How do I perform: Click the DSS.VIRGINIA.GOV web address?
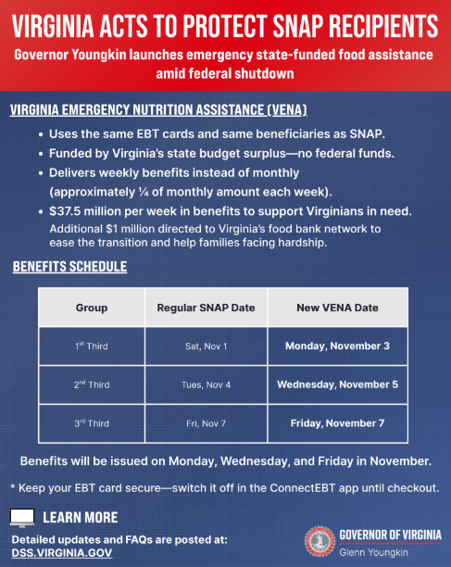(x=61, y=552)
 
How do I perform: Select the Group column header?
(x=92, y=308)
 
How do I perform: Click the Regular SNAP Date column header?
(x=206, y=308)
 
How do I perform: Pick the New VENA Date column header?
(x=336, y=308)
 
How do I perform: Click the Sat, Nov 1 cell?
(x=206, y=346)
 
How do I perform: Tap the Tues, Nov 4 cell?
(x=206, y=384)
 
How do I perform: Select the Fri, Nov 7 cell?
(x=206, y=423)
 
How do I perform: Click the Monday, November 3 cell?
(x=336, y=346)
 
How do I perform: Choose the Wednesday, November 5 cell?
(x=336, y=384)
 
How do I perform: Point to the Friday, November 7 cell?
(x=336, y=423)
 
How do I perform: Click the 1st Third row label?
(x=92, y=346)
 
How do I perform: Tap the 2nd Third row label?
(x=92, y=384)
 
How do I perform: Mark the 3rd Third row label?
(x=92, y=423)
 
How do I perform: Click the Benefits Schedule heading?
(x=69, y=268)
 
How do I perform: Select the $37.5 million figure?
(x=90, y=211)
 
